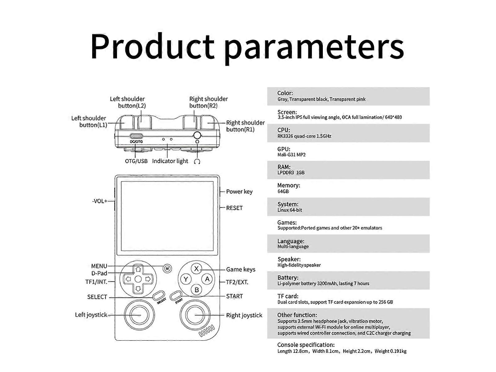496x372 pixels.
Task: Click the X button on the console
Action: (x=196, y=268)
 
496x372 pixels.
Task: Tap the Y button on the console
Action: (x=186, y=279)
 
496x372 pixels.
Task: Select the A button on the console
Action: (x=207, y=279)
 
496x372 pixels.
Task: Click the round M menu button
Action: (x=168, y=268)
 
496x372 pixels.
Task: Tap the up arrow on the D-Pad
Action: (x=138, y=269)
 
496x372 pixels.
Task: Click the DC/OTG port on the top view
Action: (x=136, y=137)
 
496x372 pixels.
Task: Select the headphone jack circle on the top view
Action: (x=197, y=135)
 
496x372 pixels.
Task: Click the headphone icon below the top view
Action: (x=197, y=162)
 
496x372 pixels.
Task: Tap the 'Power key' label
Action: (x=239, y=192)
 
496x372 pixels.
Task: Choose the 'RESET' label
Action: (x=235, y=208)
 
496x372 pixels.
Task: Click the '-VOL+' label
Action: (x=100, y=201)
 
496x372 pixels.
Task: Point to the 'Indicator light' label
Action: (x=170, y=161)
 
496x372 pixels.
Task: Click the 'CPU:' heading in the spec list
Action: (x=283, y=130)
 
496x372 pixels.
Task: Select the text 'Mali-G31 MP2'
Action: (x=292, y=155)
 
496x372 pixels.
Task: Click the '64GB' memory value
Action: (x=283, y=191)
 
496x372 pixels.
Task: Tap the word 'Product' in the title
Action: (x=152, y=47)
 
